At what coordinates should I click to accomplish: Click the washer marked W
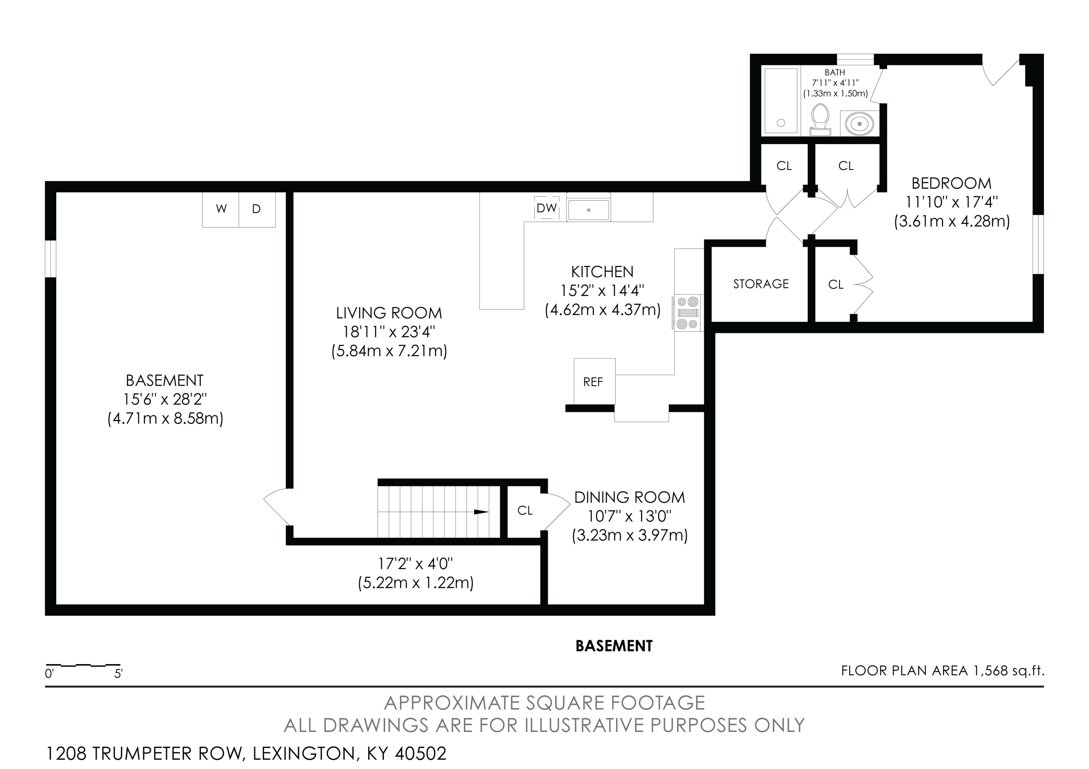(x=221, y=209)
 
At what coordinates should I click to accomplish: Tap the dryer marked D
(x=257, y=209)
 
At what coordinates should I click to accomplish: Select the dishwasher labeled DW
(x=546, y=208)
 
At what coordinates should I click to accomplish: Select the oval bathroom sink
(x=860, y=124)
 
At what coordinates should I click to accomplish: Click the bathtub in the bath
(x=781, y=101)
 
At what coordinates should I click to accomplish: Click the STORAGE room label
(x=761, y=284)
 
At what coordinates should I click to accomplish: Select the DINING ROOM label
(x=629, y=497)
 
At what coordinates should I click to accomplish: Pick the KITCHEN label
(x=602, y=272)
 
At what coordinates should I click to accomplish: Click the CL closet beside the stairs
(x=525, y=511)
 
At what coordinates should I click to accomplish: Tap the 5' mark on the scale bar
(x=118, y=673)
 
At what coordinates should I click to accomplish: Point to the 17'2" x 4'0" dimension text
(x=416, y=564)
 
